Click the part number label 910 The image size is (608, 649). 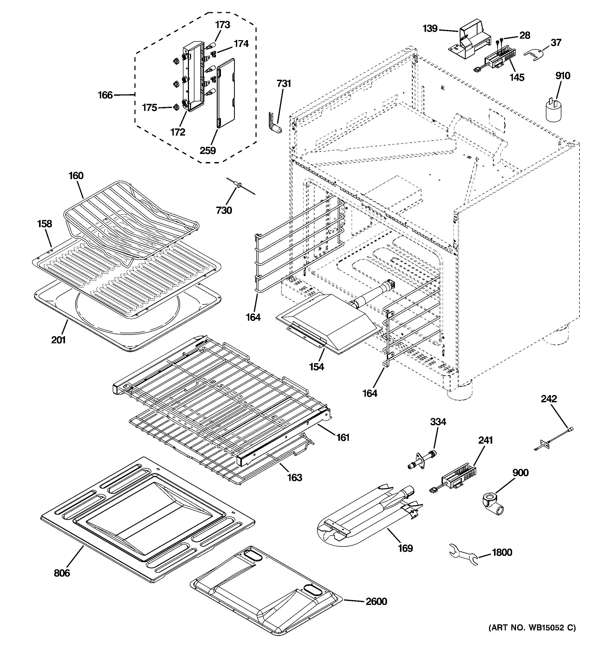click(563, 76)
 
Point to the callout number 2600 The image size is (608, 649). click(376, 601)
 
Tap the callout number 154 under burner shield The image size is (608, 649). click(317, 367)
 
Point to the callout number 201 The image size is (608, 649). click(58, 340)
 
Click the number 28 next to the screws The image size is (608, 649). click(524, 35)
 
